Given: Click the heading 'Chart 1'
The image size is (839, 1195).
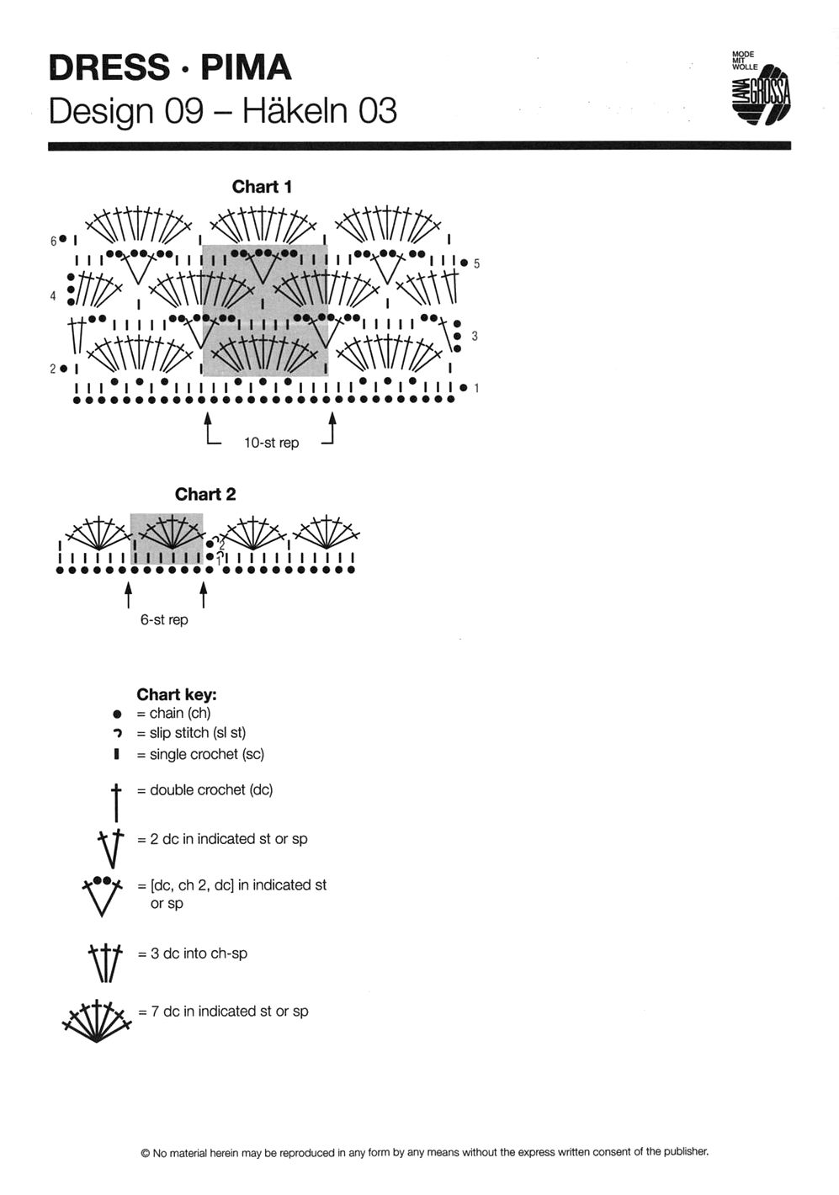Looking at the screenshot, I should [x=262, y=187].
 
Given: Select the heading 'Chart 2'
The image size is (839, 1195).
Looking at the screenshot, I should [x=205, y=494].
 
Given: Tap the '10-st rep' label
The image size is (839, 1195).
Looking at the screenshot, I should [x=271, y=443].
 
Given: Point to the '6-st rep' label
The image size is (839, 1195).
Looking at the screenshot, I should [x=164, y=619].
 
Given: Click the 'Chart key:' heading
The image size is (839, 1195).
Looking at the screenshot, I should [x=177, y=694].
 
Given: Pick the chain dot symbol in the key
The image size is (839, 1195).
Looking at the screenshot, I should [x=117, y=714].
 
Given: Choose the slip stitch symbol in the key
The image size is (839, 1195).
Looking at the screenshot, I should [x=117, y=734].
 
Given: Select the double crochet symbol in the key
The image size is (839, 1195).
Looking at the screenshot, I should [x=116, y=800].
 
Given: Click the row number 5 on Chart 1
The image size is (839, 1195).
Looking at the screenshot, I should [x=476, y=263].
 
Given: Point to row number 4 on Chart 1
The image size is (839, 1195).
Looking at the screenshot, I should [x=53, y=296].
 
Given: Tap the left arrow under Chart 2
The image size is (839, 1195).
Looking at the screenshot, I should [x=129, y=594].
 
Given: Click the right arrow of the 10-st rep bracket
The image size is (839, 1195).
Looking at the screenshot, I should [x=332, y=425].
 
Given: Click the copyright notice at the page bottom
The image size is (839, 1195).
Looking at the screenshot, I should [x=425, y=1152].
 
